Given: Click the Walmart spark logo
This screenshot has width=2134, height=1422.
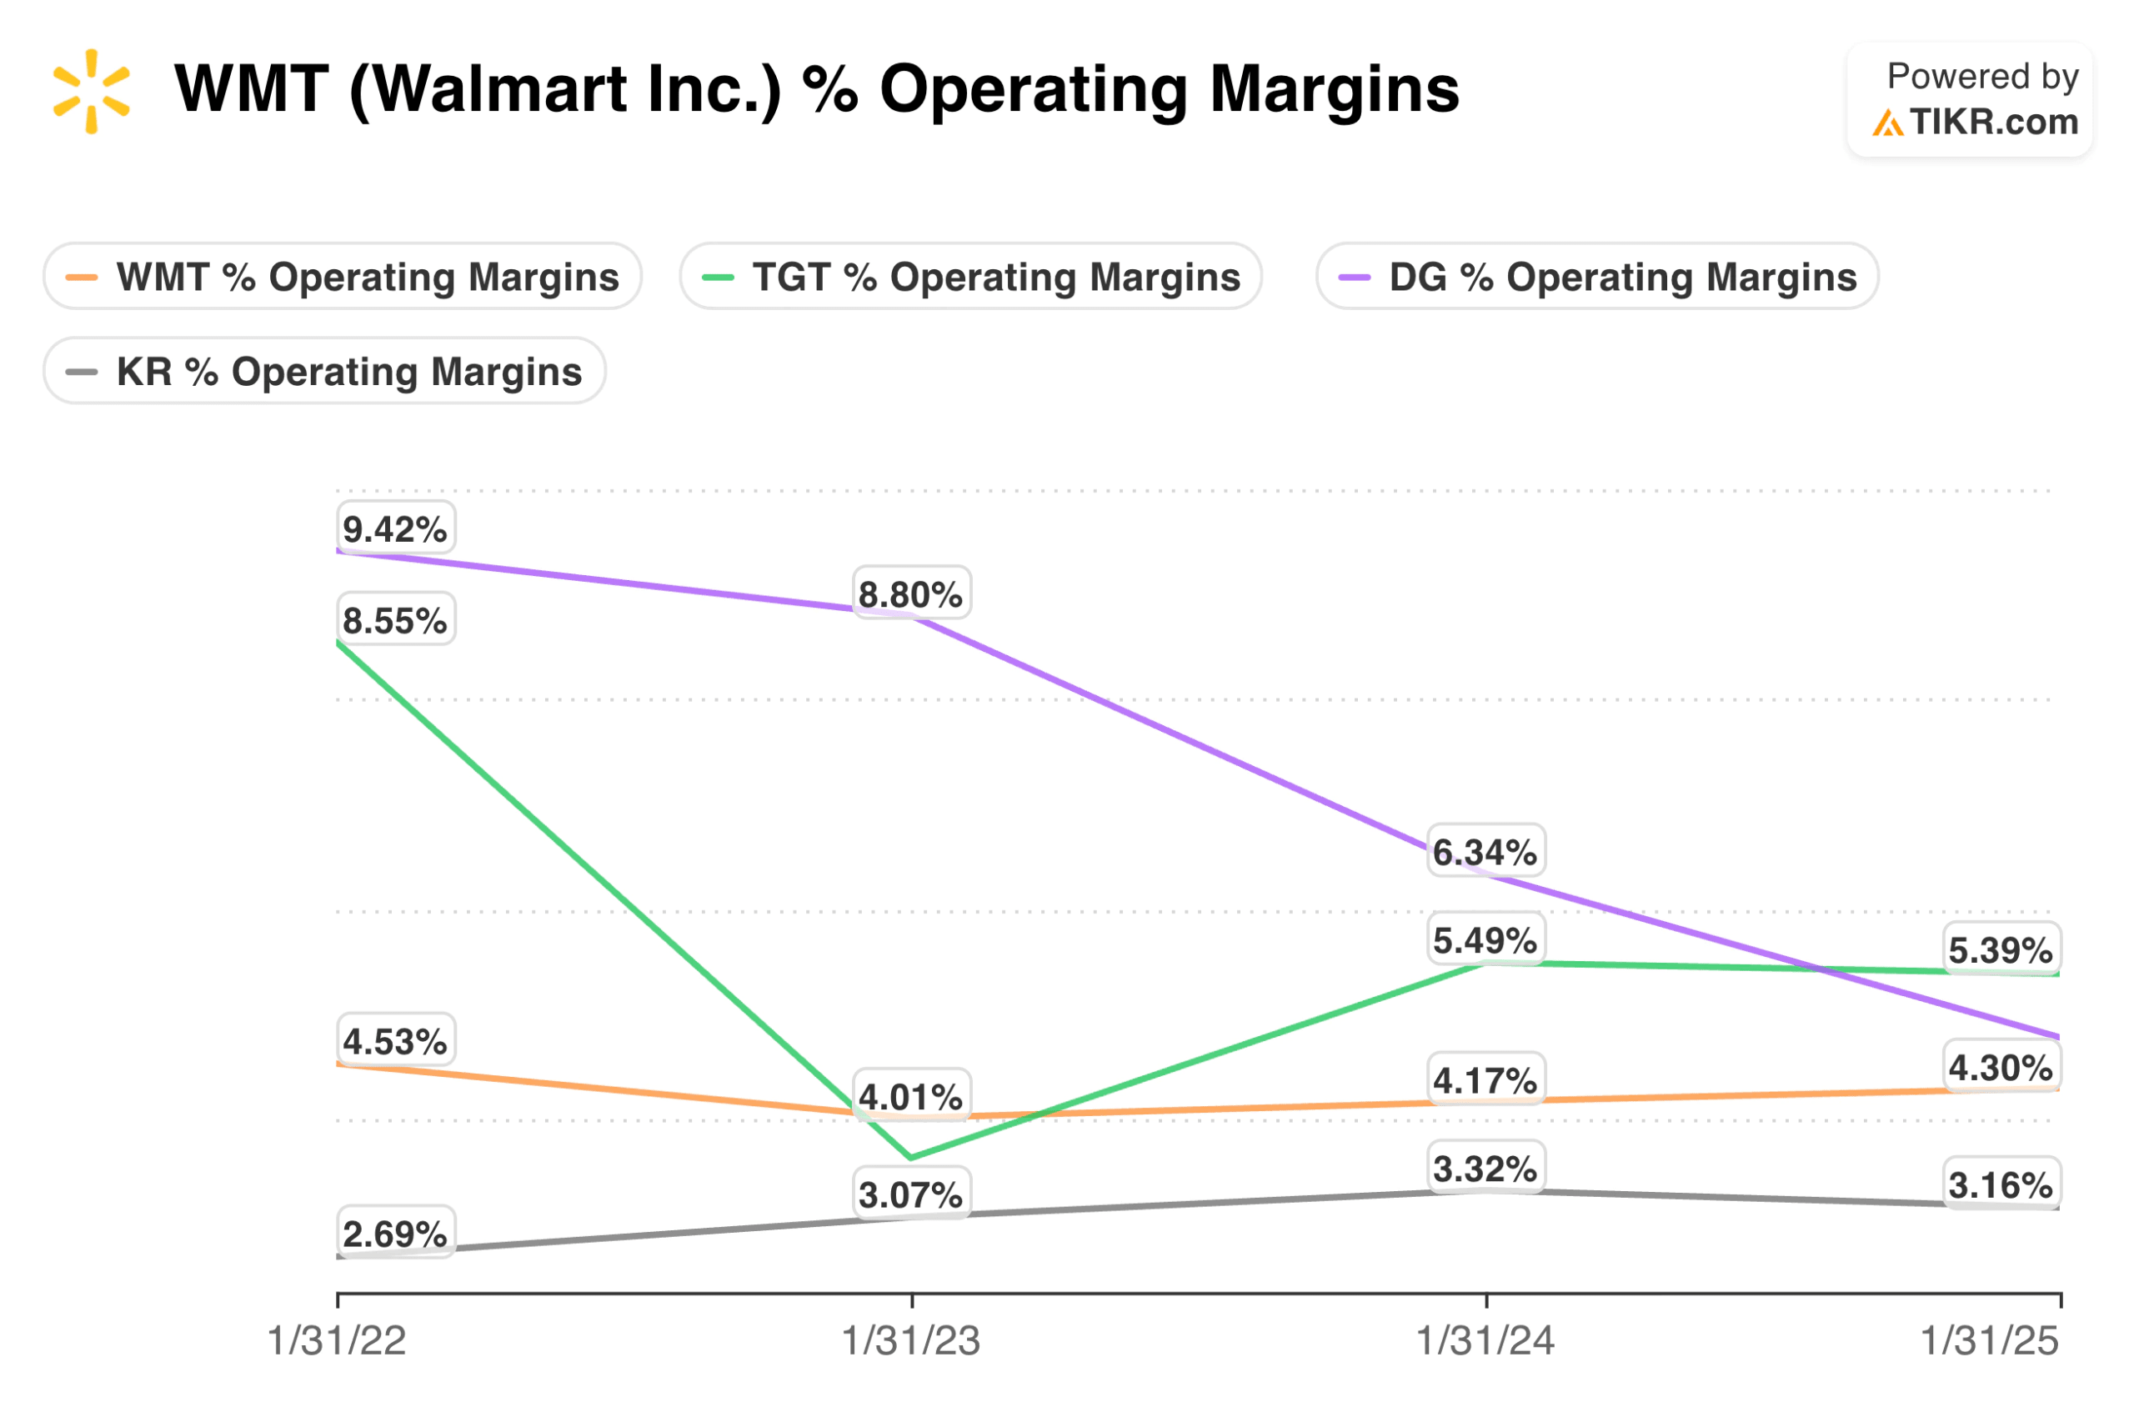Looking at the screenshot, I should click(x=91, y=91).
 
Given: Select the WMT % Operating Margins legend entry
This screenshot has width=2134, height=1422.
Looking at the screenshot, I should click(x=342, y=276).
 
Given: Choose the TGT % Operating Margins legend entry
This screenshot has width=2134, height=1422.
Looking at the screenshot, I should click(x=969, y=276).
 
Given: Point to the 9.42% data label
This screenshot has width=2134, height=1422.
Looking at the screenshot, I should click(x=394, y=528).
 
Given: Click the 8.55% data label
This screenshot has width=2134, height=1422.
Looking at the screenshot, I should click(x=394, y=620).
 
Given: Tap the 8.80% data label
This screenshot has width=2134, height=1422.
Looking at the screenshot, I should click(x=909, y=594).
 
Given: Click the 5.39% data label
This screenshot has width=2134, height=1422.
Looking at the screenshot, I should click(x=1999, y=949).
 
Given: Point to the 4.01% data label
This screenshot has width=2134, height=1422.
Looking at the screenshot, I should click(x=909, y=1096).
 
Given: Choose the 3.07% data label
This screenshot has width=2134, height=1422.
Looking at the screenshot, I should click(x=909, y=1194).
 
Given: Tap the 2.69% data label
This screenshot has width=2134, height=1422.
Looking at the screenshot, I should click(x=394, y=1234).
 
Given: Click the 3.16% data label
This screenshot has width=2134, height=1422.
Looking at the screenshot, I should click(x=1999, y=1184).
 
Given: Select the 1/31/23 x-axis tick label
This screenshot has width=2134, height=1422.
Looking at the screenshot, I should click(x=910, y=1340).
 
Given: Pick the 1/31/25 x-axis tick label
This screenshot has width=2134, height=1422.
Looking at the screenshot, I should click(x=1989, y=1340).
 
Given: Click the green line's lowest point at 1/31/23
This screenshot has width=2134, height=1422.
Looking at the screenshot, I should click(x=910, y=1157).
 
